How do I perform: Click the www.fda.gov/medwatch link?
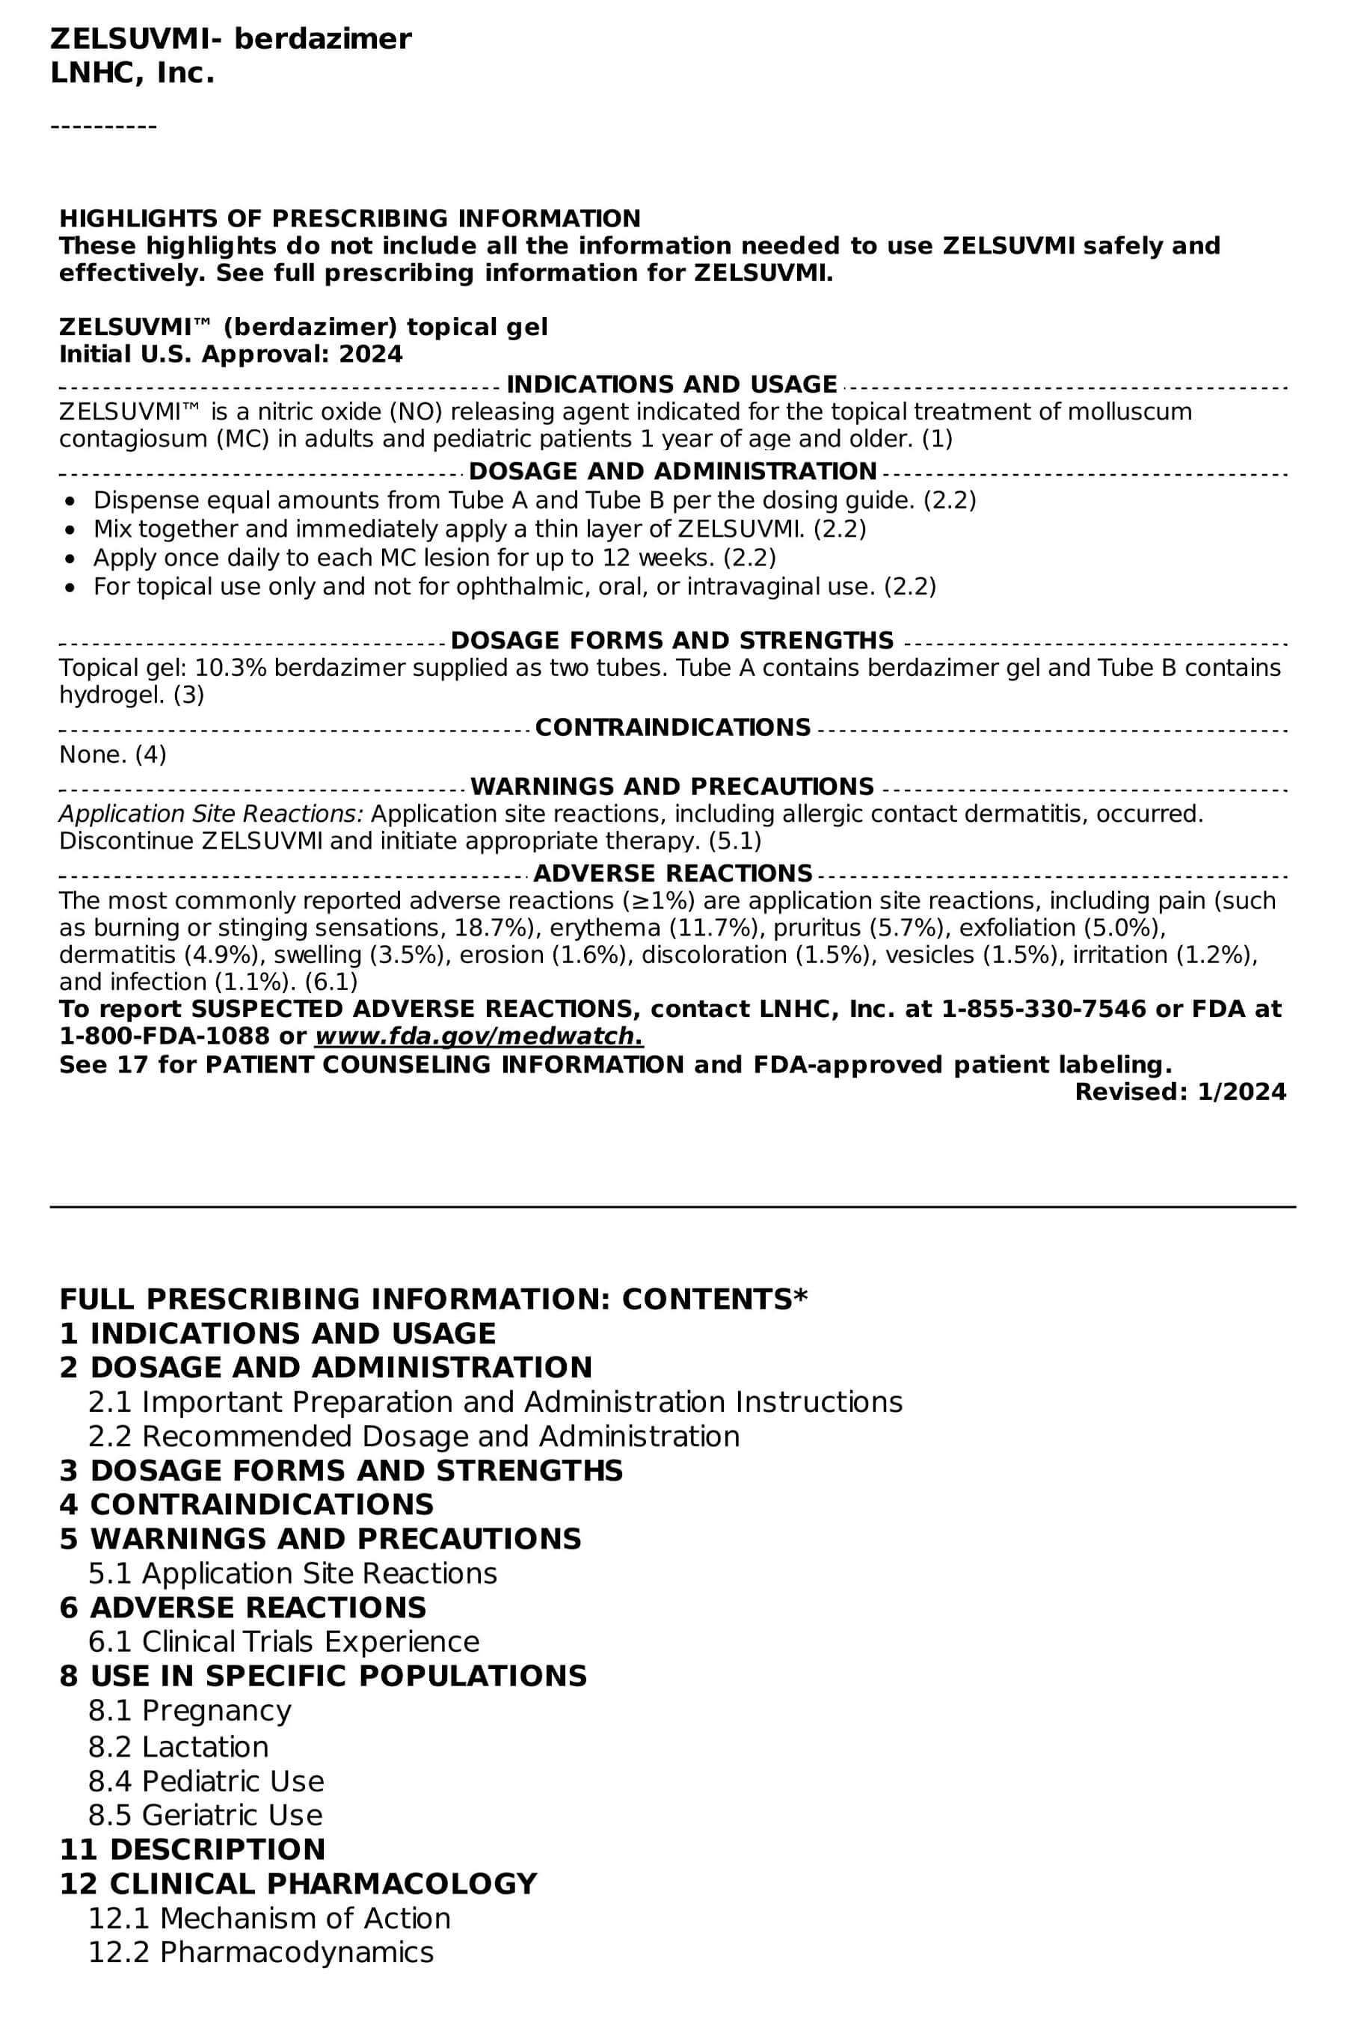(x=479, y=1036)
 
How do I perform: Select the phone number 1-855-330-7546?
(x=1044, y=1009)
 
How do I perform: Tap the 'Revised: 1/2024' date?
(x=1180, y=1092)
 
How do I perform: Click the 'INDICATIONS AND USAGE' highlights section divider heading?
(x=672, y=384)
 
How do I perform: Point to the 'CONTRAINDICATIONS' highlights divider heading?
(x=672, y=727)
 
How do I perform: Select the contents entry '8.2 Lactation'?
(x=179, y=1747)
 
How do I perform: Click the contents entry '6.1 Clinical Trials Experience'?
(x=283, y=1641)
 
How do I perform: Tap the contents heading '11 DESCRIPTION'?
(x=192, y=1849)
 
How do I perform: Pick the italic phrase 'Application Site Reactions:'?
(x=211, y=814)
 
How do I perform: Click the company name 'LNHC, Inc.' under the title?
(x=132, y=74)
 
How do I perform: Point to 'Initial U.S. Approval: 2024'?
(x=230, y=354)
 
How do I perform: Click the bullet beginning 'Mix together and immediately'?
(x=479, y=529)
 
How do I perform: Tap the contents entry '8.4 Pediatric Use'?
(x=206, y=1781)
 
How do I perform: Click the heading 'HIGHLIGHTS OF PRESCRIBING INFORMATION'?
(x=349, y=218)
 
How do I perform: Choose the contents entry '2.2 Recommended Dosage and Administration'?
(x=414, y=1436)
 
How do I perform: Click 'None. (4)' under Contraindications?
(x=112, y=755)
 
